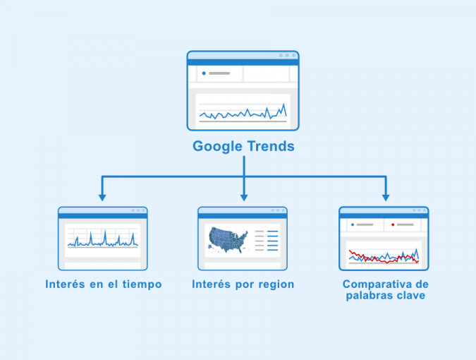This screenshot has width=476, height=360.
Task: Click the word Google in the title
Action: click(x=217, y=146)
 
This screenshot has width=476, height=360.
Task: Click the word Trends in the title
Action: click(x=271, y=146)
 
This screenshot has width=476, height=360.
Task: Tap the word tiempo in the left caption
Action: click(x=142, y=284)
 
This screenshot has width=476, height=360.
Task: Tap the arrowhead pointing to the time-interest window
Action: click(x=102, y=198)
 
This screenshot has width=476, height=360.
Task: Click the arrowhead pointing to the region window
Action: click(x=244, y=198)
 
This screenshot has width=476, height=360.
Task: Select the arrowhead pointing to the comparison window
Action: click(x=386, y=198)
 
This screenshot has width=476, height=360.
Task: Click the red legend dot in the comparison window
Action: click(x=393, y=224)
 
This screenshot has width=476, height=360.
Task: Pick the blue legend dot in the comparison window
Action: click(x=353, y=224)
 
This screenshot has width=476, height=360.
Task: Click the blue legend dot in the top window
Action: click(x=204, y=73)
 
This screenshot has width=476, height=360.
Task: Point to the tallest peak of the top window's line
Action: click(x=284, y=104)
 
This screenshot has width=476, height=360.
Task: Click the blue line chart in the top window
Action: click(x=243, y=112)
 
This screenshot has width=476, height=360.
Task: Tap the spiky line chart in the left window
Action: click(x=103, y=239)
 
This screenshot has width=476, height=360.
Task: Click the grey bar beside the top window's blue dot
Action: click(x=219, y=73)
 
